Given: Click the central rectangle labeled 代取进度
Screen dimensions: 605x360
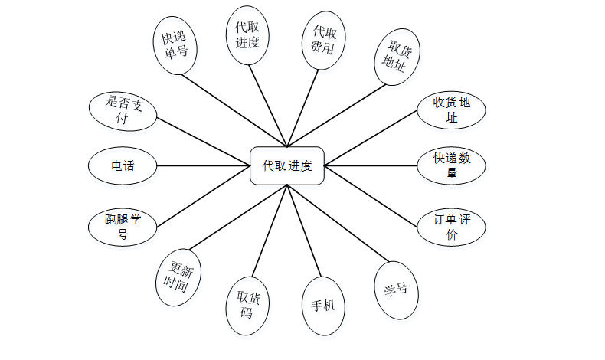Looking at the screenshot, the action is (x=287, y=165).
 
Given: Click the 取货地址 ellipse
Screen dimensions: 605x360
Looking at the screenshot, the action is (x=397, y=58).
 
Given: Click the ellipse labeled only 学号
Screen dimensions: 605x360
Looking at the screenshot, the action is (x=397, y=290).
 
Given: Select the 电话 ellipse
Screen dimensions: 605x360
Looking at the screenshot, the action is (x=123, y=165).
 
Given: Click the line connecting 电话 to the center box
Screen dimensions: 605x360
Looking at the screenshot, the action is (x=204, y=165).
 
